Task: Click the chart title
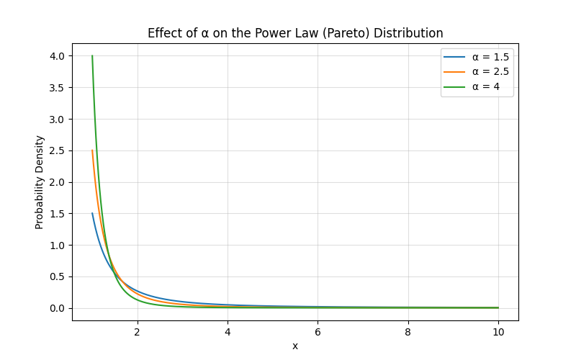(295, 33)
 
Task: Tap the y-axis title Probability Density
(40, 182)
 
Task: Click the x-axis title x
(295, 346)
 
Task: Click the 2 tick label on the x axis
(137, 332)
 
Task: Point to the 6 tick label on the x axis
(318, 332)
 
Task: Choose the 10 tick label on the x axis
(498, 332)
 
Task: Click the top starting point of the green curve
(92, 56)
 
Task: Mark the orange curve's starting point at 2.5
(92, 150)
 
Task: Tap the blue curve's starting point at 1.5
(92, 214)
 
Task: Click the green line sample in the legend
(455, 87)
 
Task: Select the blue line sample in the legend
(455, 57)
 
